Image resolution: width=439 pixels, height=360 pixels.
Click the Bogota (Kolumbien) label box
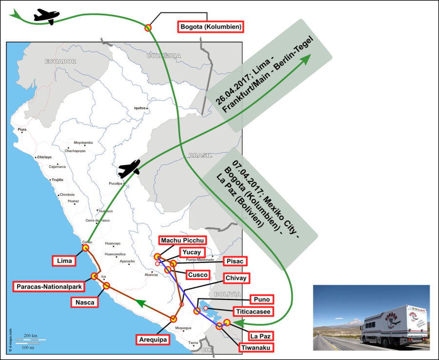pyautogui.click(x=210, y=26)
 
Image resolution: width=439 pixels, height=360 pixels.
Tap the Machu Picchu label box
pyautogui.click(x=182, y=240)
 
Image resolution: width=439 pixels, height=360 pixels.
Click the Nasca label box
pyautogui.click(x=85, y=302)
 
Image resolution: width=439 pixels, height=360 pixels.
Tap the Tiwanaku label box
pyautogui.click(x=256, y=348)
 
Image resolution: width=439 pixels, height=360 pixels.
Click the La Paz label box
pyautogui.click(x=260, y=336)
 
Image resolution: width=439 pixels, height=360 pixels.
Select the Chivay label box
pyautogui.click(x=236, y=278)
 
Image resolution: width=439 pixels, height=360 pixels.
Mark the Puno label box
pyautogui.click(x=260, y=299)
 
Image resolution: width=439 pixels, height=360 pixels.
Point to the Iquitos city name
pyautogui.click(x=140, y=108)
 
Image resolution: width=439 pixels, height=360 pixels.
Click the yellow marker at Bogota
pyautogui.click(x=148, y=27)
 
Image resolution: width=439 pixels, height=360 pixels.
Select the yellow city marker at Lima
pyautogui.click(x=86, y=248)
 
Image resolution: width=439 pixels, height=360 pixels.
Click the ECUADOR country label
pyautogui.click(x=60, y=61)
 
